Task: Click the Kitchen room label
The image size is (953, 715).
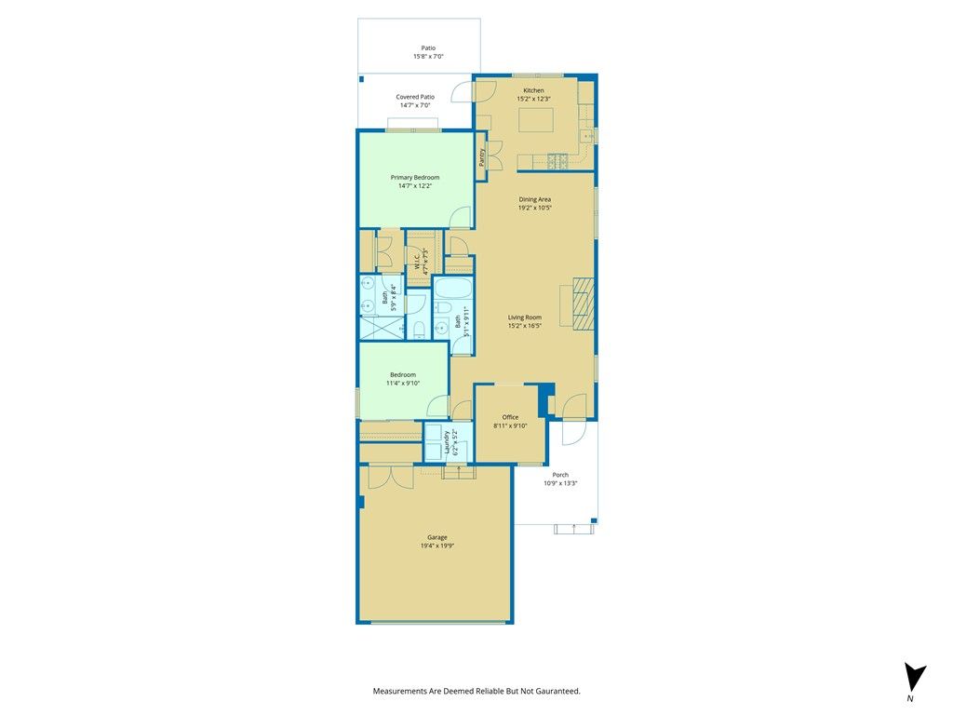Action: [x=533, y=90]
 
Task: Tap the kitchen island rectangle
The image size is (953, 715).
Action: [x=536, y=120]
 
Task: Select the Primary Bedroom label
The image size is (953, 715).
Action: [x=415, y=178]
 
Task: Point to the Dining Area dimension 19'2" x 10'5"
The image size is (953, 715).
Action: [x=535, y=208]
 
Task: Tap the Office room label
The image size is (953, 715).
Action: [x=511, y=417]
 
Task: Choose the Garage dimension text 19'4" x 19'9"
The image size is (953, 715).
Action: [x=437, y=546]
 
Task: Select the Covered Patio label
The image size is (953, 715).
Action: [x=415, y=97]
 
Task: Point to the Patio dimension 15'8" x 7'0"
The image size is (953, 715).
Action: [x=428, y=57]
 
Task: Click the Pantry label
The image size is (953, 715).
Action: [x=482, y=157]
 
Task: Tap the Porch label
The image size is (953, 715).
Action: [x=560, y=475]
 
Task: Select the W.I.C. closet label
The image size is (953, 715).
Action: [x=418, y=260]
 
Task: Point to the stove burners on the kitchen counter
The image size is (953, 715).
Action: [x=557, y=162]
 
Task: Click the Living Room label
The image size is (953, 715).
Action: [x=525, y=317]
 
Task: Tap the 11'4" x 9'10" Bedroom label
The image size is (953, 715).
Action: [x=403, y=374]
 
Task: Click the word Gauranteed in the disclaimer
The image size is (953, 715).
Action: [x=557, y=692]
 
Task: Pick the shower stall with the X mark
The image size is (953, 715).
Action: [x=381, y=329]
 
